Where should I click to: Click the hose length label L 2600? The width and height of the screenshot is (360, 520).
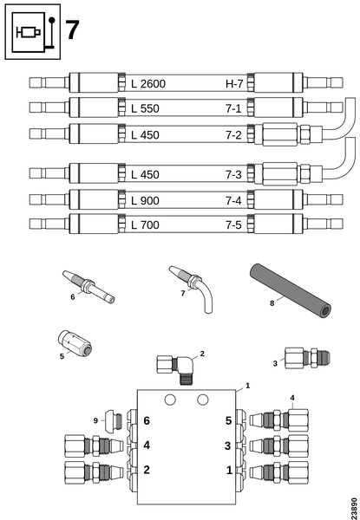coord(148,84)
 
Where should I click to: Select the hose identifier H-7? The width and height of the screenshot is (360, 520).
coord(234,84)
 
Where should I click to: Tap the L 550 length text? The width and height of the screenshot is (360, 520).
coord(145,109)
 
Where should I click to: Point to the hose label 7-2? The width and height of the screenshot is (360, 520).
coord(233,135)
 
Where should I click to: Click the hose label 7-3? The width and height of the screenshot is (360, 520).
coord(233,174)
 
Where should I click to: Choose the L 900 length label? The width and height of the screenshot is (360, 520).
coord(145,201)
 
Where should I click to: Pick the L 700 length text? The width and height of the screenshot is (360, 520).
coord(145,225)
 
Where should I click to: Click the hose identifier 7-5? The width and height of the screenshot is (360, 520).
coord(233,225)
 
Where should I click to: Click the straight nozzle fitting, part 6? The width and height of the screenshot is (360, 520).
coord(88,286)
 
